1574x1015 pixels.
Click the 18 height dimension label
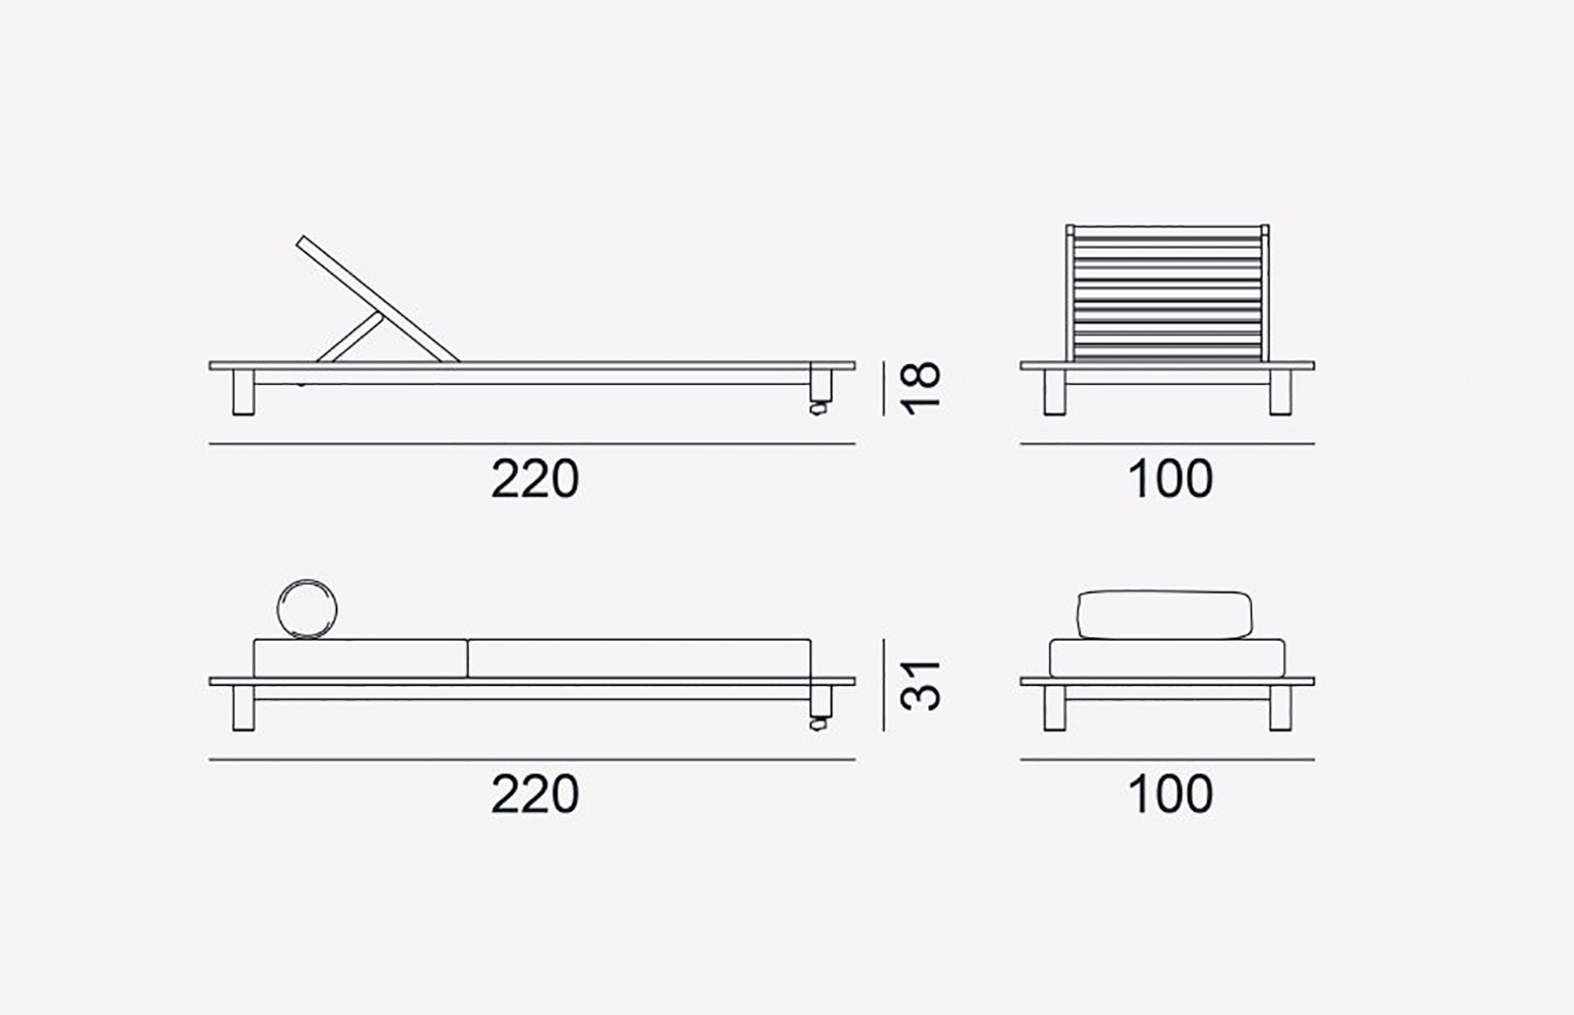point(921,388)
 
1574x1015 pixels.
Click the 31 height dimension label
point(921,685)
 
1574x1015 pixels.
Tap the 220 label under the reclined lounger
point(535,479)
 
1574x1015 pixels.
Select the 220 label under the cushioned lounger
point(535,795)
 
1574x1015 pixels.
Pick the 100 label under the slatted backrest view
point(1170,479)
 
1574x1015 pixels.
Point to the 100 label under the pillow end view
point(1170,795)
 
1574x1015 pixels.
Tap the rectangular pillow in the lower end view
point(1164,614)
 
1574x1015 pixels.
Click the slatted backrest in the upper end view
point(1167,294)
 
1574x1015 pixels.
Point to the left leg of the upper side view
point(244,392)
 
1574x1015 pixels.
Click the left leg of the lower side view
point(244,708)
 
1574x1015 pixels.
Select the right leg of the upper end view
point(1280,392)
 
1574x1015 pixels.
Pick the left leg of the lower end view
point(1055,708)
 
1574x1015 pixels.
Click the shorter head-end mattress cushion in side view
point(360,658)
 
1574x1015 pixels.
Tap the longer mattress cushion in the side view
point(639,658)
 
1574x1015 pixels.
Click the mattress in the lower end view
point(1167,658)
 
